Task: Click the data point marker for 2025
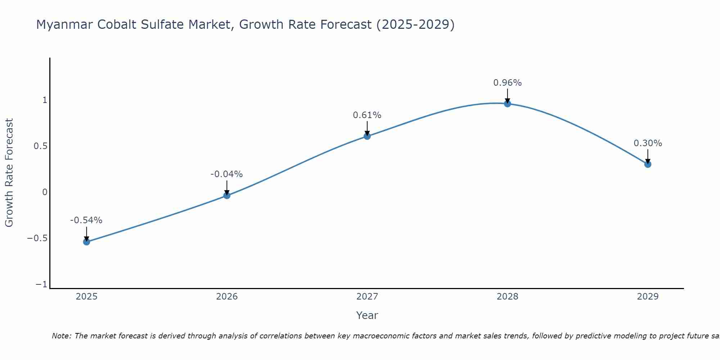(86, 242)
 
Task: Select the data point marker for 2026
(227, 195)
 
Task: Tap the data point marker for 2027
(367, 136)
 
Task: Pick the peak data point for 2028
(508, 104)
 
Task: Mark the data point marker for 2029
(648, 164)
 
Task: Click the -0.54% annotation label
(86, 220)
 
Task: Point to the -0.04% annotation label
(226, 174)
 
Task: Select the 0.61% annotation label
(367, 115)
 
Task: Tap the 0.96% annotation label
(507, 83)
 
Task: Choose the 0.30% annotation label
(648, 143)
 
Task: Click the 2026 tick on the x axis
(227, 297)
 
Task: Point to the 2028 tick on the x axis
(508, 297)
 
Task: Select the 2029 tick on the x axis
(648, 297)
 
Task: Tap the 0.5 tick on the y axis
(40, 146)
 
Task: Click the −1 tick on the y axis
(41, 285)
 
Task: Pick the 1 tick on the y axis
(45, 100)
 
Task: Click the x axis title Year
(367, 315)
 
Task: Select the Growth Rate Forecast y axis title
(9, 173)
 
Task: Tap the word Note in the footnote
(61, 336)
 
